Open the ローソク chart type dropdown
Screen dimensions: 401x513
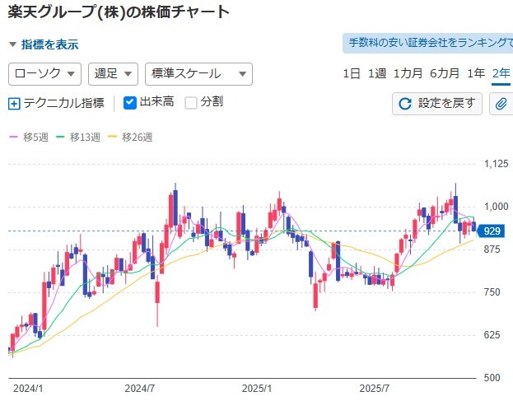44,73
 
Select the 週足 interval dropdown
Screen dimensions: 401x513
112,73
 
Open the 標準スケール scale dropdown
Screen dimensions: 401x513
198,73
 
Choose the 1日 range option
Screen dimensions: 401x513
352,73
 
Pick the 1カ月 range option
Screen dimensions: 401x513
408,73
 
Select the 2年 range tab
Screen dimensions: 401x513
500,73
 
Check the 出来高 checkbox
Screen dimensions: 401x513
130,103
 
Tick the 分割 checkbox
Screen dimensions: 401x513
191,103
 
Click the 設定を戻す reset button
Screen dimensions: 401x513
437,103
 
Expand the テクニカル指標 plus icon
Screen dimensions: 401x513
13,104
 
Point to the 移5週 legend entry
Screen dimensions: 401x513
30,138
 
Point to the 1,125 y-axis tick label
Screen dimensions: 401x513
496,164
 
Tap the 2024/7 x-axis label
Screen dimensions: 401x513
140,386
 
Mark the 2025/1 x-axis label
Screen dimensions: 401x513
258,386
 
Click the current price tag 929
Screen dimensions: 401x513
493,231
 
